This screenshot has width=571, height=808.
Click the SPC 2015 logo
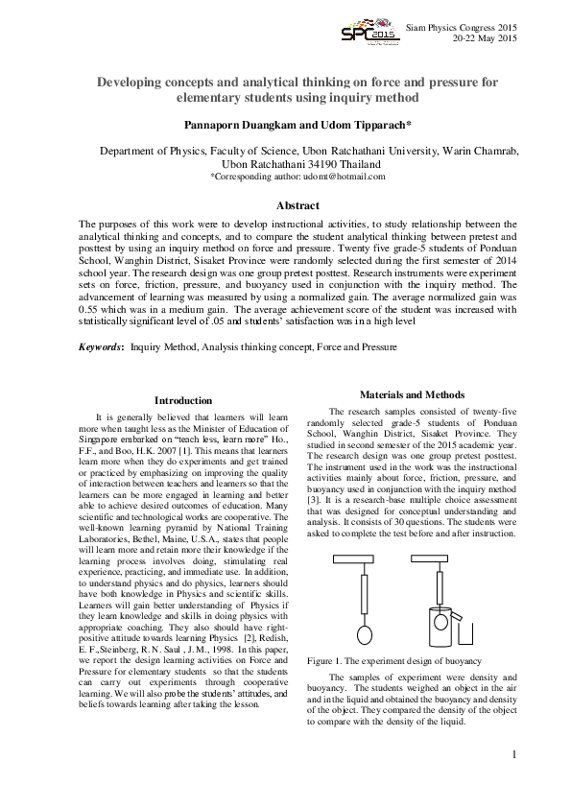pyautogui.click(x=369, y=33)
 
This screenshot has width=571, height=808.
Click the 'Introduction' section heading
pyautogui.click(x=183, y=400)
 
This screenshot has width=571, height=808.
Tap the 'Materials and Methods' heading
pyautogui.click(x=412, y=394)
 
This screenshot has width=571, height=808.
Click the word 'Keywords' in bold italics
pyautogui.click(x=100, y=345)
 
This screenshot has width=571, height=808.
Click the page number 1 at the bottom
pyautogui.click(x=514, y=755)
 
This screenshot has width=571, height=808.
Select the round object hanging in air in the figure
pyautogui.click(x=364, y=634)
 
